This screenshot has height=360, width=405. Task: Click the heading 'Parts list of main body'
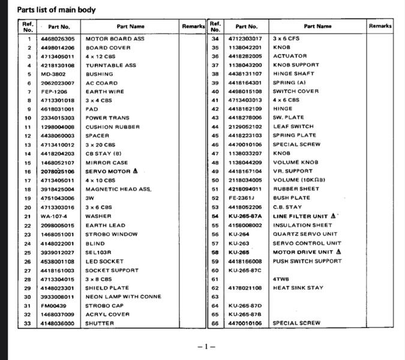(x=56, y=10)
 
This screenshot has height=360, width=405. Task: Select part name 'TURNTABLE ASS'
(x=110, y=65)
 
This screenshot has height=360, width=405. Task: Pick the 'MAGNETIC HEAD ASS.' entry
(x=118, y=189)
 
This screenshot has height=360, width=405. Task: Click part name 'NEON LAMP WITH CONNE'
(x=123, y=296)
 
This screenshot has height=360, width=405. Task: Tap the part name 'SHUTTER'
(x=99, y=323)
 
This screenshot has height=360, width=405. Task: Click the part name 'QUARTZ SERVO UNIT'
(x=305, y=234)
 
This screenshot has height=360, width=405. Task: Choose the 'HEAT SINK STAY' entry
(x=298, y=287)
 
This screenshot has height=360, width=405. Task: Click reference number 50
(x=215, y=180)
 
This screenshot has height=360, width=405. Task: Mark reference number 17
(x=28, y=180)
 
